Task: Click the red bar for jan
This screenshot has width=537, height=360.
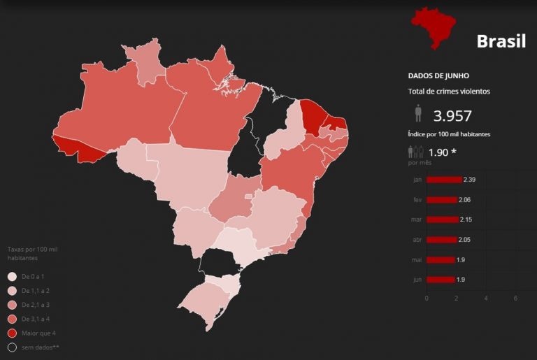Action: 444,180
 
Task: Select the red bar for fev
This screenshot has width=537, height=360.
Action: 441,200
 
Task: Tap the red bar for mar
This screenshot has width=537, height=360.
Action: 442,219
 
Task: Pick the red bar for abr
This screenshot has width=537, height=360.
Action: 441,240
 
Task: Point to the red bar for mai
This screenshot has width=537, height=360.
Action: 440,260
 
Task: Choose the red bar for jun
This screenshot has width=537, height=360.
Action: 440,280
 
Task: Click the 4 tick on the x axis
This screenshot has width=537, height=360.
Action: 485,298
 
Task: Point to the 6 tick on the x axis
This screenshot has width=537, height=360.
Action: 515,298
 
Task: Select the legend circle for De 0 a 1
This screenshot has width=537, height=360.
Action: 12,276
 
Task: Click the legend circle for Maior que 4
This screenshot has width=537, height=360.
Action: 12,333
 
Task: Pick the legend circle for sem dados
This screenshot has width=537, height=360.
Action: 12,347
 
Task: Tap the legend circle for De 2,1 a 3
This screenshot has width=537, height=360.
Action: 12,305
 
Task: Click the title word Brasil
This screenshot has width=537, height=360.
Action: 501,41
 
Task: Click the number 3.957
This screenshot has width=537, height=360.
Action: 452,116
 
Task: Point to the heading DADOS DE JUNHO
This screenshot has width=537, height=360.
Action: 438,75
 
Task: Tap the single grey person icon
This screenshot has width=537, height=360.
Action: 418,114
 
